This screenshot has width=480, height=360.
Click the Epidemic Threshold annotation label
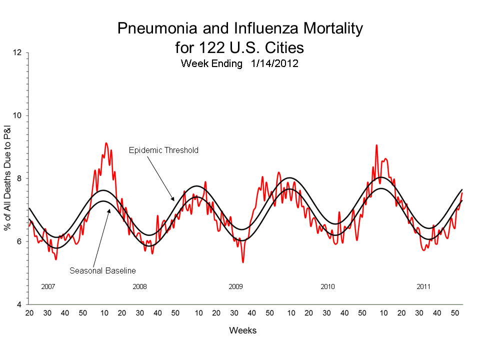click(x=163, y=150)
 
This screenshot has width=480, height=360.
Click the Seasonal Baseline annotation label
click(x=102, y=270)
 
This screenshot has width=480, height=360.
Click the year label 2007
click(x=47, y=287)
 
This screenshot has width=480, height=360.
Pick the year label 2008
click(x=139, y=287)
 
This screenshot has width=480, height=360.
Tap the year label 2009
click(x=235, y=287)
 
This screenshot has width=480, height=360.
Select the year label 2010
click(x=327, y=287)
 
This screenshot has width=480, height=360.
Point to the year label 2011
click(x=423, y=287)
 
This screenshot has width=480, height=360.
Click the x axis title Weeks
click(x=242, y=330)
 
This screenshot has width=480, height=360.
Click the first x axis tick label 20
click(x=29, y=313)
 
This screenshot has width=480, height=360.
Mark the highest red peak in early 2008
click(x=106, y=143)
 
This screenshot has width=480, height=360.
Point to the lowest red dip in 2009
click(x=243, y=262)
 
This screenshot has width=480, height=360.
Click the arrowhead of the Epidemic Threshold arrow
click(x=173, y=200)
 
